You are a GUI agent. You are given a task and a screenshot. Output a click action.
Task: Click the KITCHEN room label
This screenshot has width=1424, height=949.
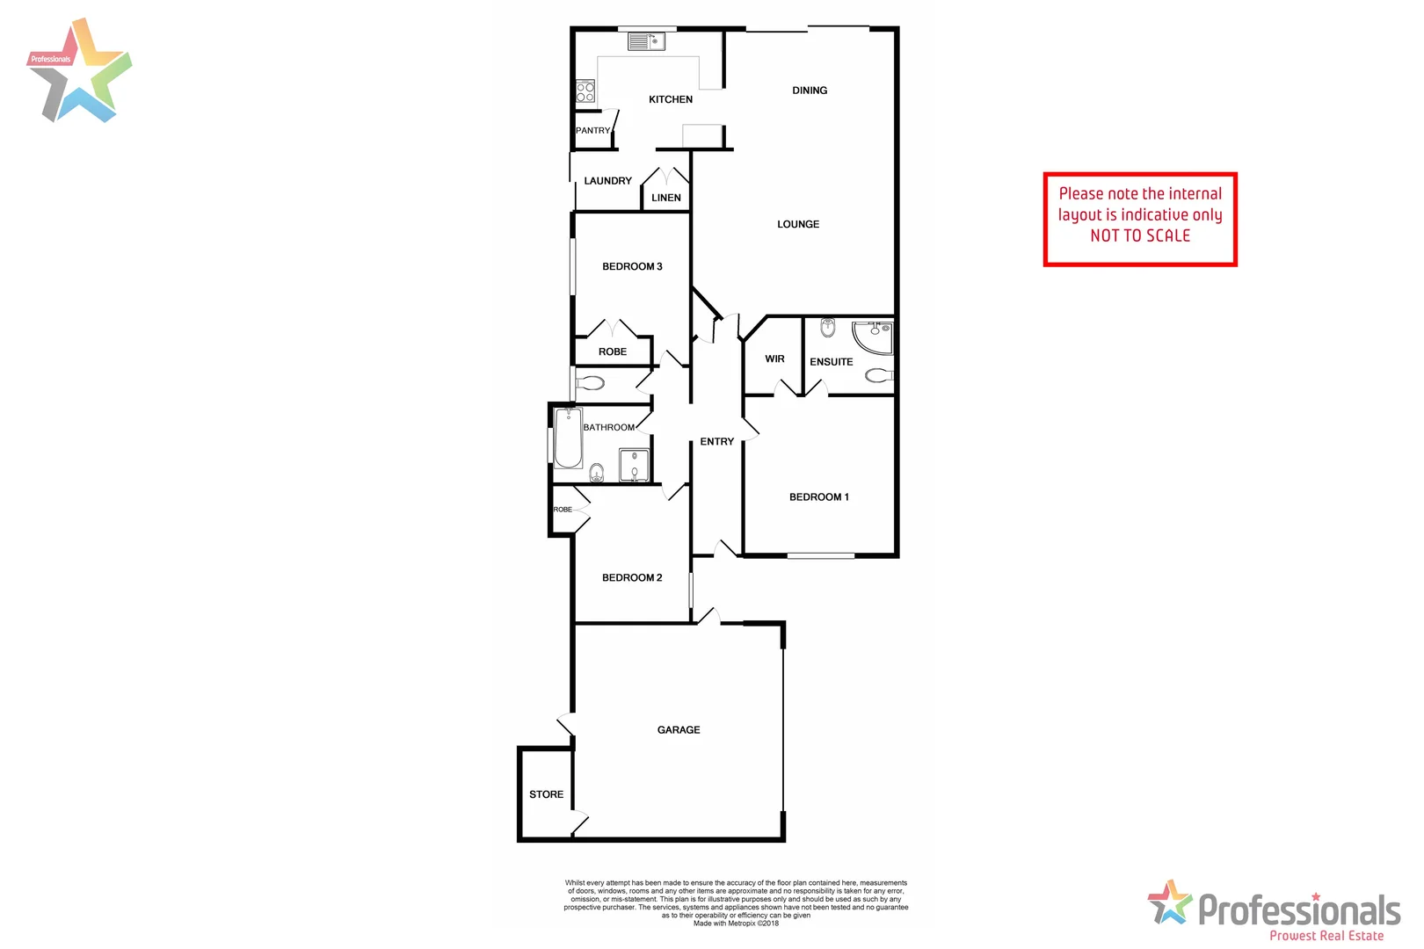[671, 99]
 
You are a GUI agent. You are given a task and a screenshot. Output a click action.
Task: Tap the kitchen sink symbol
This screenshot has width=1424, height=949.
[646, 41]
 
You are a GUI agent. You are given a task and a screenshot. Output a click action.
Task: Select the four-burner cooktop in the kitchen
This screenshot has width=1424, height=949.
[585, 91]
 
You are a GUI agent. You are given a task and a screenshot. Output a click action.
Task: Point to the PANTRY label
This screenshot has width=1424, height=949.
[592, 131]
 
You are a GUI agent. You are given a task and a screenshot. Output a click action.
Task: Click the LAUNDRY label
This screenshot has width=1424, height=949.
[607, 181]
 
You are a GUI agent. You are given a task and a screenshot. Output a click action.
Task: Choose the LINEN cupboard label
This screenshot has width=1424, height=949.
[666, 198]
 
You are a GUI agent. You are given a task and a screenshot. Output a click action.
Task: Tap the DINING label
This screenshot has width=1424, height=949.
[810, 91]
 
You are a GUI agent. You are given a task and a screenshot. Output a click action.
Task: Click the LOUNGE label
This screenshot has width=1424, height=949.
[798, 224]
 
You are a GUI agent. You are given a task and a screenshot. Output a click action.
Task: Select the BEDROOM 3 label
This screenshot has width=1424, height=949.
[632, 266]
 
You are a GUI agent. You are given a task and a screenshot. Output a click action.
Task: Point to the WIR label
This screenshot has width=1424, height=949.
[774, 359]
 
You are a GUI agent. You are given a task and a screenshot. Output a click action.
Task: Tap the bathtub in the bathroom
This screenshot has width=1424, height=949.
[568, 438]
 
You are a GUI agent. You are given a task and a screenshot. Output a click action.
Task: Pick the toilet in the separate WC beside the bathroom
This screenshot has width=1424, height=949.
[590, 383]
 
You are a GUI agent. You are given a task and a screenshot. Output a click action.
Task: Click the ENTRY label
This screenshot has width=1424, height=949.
[717, 442]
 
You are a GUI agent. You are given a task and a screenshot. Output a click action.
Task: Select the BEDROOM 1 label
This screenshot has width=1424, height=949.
[819, 497]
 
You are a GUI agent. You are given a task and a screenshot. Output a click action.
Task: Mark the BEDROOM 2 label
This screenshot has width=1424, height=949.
[632, 577]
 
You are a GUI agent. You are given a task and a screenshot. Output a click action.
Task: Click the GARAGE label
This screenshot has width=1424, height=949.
[679, 730]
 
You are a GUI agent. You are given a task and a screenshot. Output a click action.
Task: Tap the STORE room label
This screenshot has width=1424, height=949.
[546, 794]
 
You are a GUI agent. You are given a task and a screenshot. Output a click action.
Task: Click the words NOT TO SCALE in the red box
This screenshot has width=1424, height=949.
[1140, 235]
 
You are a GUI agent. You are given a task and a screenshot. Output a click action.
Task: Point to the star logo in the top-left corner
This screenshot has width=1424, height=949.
[79, 70]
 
